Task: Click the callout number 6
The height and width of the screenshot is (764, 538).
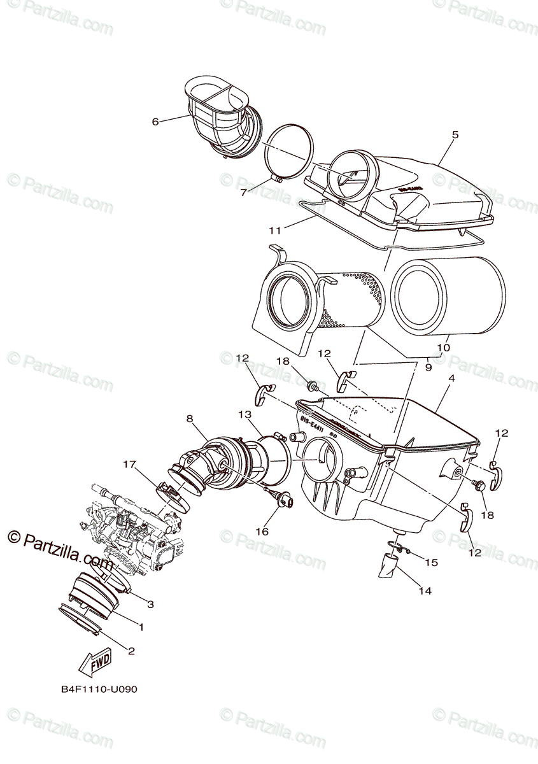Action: coord(155,122)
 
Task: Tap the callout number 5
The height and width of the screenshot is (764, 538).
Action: coord(455,135)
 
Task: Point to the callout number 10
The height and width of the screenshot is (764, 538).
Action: coord(444,348)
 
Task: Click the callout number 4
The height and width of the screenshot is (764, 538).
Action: coord(451,378)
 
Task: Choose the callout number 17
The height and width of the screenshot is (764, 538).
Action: coord(130,464)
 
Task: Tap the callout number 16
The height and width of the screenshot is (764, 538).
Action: coord(262,531)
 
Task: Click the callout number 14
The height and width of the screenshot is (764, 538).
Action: coord(425,591)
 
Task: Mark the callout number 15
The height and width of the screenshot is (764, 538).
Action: coord(431,563)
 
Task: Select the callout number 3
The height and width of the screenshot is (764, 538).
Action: coord(150,604)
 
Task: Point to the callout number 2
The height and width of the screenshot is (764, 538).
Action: coord(132,651)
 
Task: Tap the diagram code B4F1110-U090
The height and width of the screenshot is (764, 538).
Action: coord(99,689)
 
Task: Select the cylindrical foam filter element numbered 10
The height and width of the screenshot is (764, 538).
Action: coord(450,299)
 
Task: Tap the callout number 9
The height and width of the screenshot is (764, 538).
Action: coord(428,367)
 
